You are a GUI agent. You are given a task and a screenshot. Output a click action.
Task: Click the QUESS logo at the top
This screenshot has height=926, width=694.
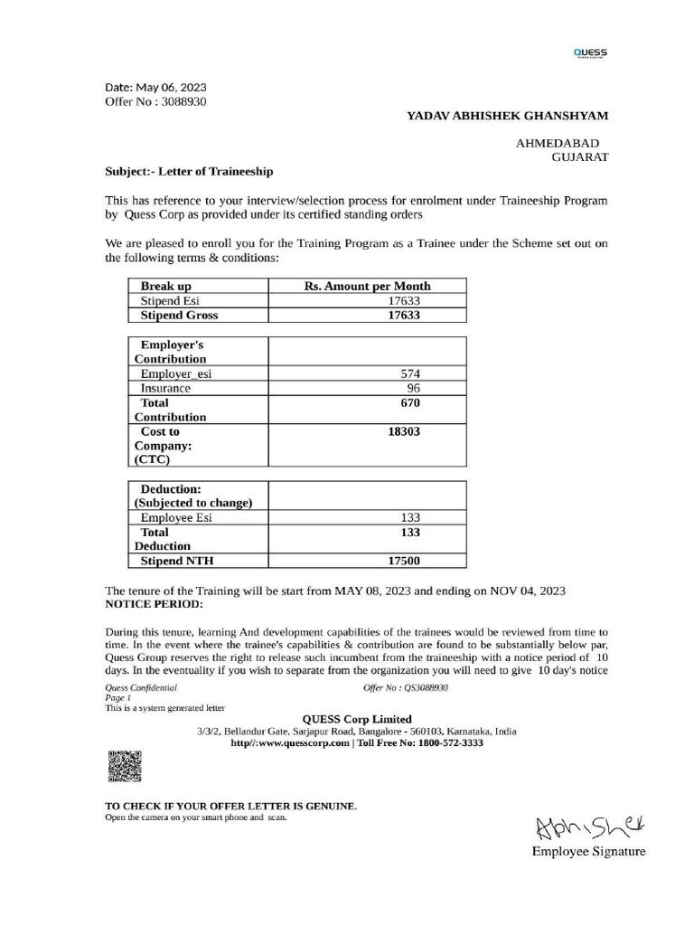(x=590, y=52)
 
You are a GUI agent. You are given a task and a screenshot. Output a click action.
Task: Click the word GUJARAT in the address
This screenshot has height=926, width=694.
(x=579, y=156)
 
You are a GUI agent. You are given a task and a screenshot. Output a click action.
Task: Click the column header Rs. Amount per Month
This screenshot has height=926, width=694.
(x=368, y=286)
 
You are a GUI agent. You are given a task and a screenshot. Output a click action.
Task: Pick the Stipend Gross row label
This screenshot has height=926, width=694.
(x=179, y=316)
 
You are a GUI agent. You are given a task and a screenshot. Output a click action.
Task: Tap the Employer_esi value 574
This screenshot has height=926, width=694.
(x=411, y=373)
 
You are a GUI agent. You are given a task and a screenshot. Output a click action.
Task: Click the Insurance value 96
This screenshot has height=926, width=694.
(x=411, y=388)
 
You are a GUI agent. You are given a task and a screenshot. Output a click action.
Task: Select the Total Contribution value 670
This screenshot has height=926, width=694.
(x=411, y=402)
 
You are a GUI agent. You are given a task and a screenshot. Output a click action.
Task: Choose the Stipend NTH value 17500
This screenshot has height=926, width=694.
(x=405, y=561)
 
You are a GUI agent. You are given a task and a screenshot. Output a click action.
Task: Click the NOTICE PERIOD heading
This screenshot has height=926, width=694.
(x=155, y=603)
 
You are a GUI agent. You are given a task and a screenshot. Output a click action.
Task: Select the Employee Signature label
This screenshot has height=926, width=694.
(x=588, y=852)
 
